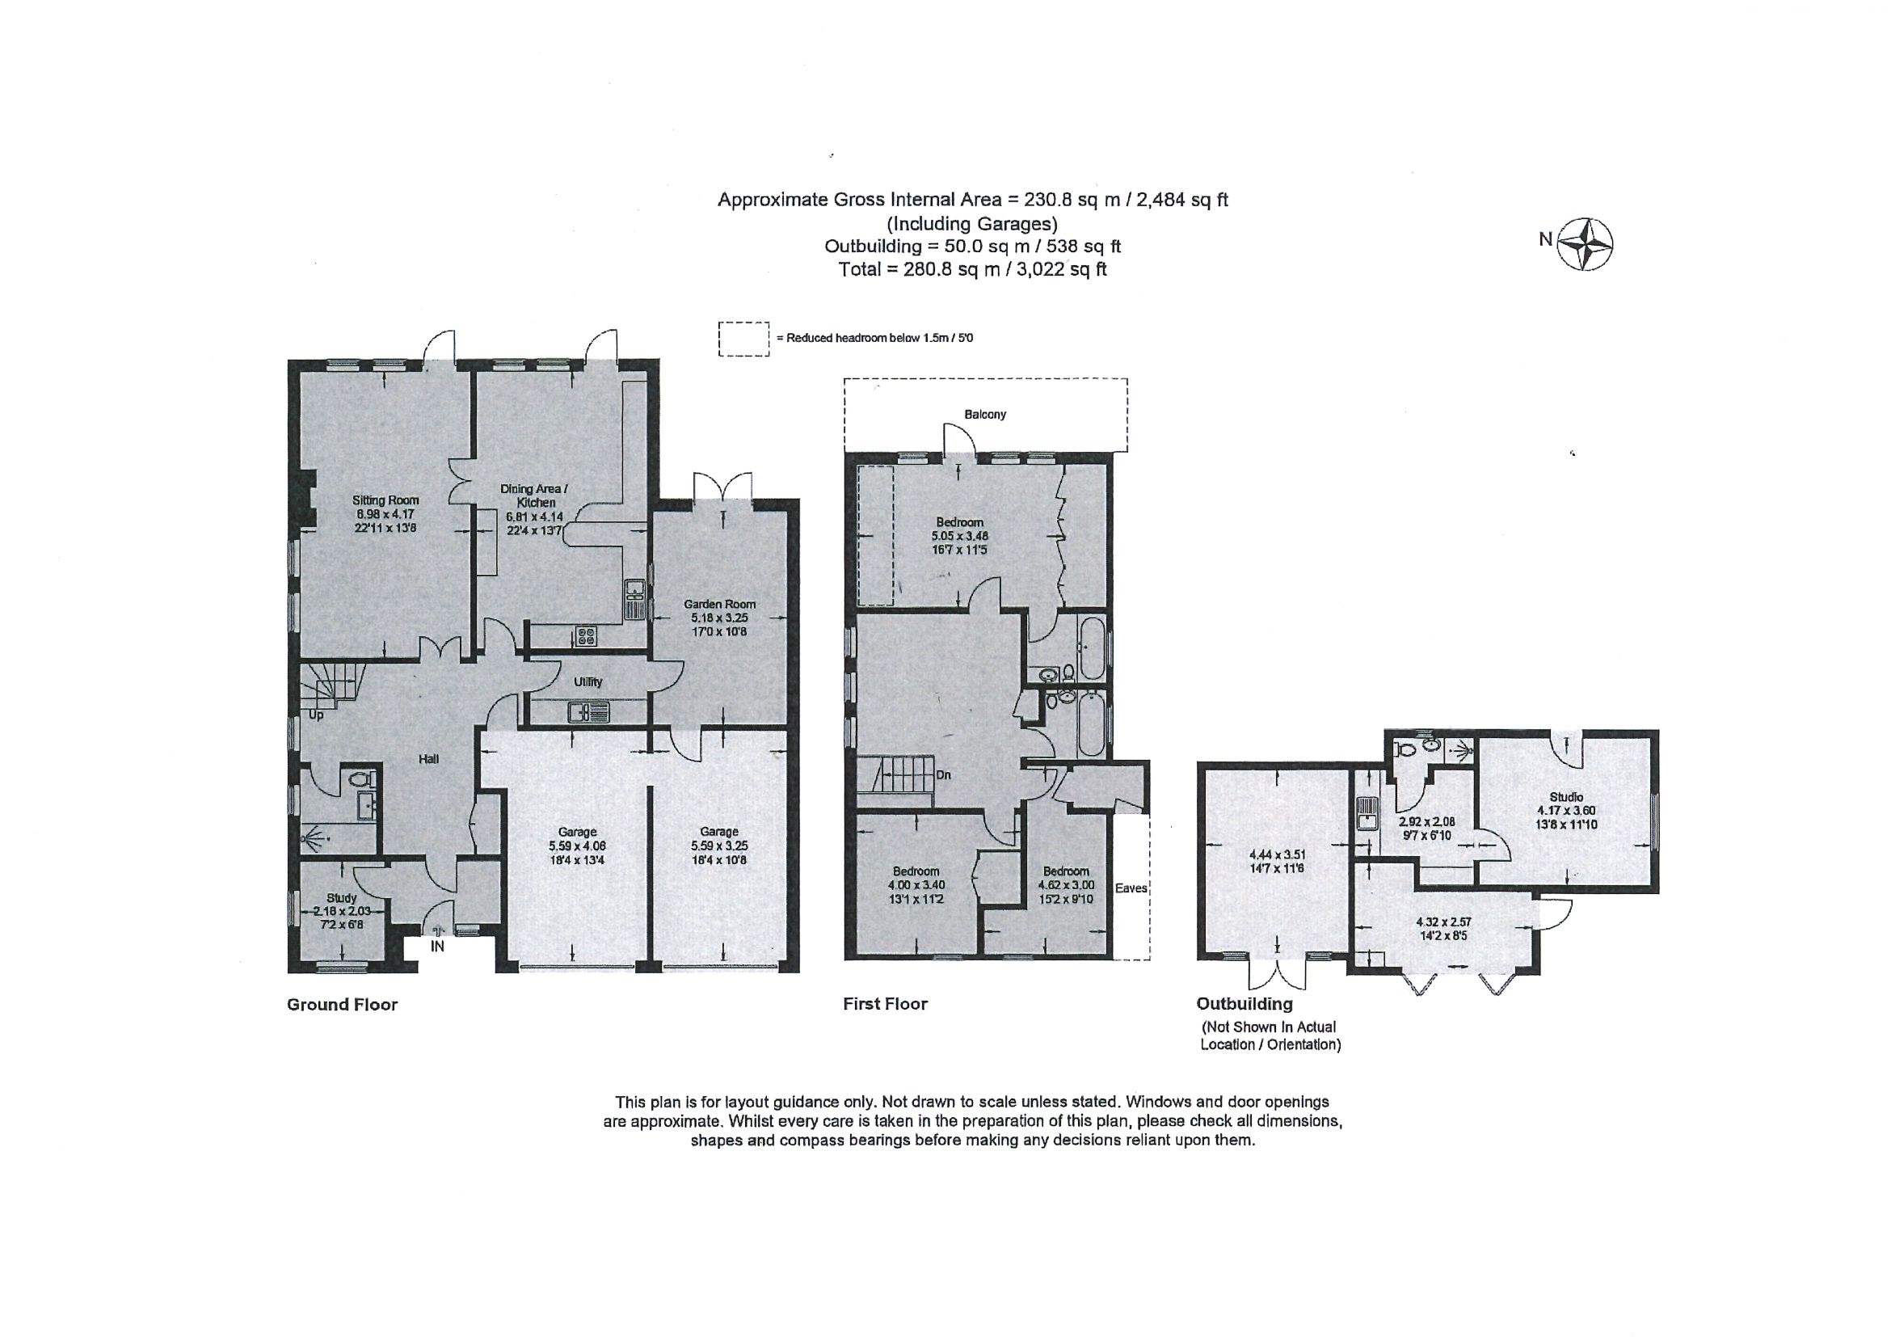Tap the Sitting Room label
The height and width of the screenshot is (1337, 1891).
coord(385,500)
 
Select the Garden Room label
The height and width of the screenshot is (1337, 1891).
coord(719,604)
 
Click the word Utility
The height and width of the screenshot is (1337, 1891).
coord(588,682)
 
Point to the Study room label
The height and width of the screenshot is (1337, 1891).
coord(342,898)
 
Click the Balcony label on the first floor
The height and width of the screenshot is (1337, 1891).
coord(985,415)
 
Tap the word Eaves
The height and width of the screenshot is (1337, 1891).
coord(1131,888)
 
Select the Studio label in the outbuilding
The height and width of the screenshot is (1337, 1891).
coord(1565,796)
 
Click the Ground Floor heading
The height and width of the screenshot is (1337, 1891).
coord(342,1004)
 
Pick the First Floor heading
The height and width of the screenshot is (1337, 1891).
coord(886,1003)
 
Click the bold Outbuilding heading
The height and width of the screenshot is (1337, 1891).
coord(1245,1004)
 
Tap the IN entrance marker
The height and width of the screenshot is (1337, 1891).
coord(437,947)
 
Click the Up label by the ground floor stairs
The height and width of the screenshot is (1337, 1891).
coord(315,715)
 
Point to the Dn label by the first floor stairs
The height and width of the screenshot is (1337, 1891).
coord(944,775)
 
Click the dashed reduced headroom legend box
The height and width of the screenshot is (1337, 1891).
coord(743,339)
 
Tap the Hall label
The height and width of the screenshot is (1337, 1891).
coord(428,760)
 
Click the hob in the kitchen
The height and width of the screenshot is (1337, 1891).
coord(586,635)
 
